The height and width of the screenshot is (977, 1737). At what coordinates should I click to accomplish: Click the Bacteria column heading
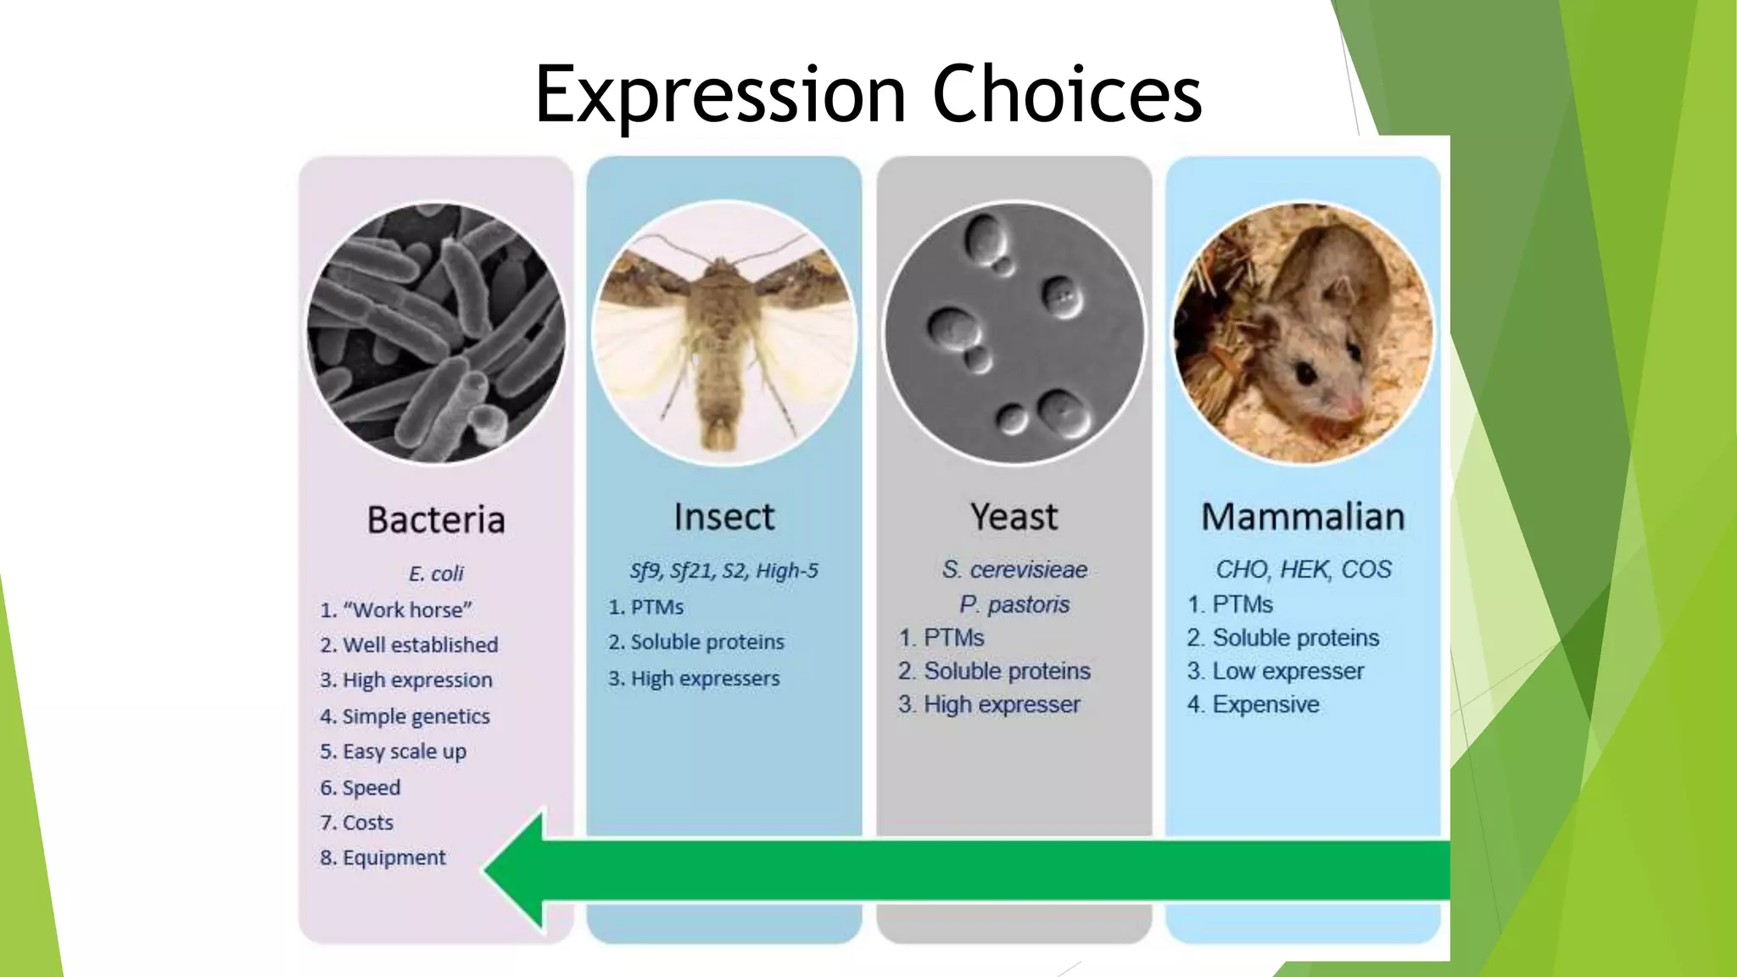[x=436, y=520]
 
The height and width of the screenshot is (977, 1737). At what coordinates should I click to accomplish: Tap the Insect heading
[x=723, y=517]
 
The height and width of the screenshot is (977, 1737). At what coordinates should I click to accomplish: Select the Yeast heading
[x=1014, y=517]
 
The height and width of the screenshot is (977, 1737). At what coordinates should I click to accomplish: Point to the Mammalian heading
[x=1303, y=517]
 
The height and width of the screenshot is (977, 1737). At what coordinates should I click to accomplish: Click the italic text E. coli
[x=436, y=574]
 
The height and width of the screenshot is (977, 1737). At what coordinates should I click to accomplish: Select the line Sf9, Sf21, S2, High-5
[x=723, y=571]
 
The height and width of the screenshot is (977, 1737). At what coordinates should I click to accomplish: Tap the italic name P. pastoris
[x=1014, y=605]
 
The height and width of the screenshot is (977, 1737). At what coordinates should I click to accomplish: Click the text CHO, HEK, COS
[x=1303, y=569]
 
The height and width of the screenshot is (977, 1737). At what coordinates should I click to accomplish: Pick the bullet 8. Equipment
[x=383, y=858]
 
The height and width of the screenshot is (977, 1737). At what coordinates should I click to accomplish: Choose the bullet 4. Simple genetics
[x=405, y=717]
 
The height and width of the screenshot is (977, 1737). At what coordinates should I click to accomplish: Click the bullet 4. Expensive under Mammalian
[x=1253, y=705]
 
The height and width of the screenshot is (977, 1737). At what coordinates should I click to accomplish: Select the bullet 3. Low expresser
[x=1275, y=672]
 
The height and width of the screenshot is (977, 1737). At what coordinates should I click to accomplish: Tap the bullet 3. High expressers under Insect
[x=693, y=678]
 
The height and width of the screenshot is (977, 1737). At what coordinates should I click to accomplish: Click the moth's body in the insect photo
[x=721, y=356]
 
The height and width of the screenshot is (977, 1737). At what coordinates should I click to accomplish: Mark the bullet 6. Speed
[x=360, y=788]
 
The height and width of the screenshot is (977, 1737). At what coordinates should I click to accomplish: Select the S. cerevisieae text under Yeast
[x=1014, y=570]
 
